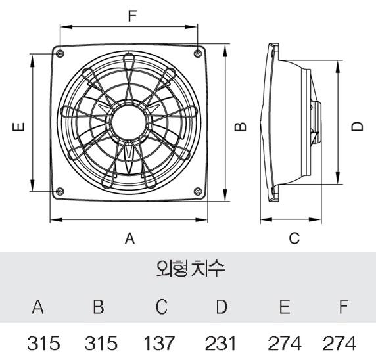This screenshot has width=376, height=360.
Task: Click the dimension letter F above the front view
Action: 132,16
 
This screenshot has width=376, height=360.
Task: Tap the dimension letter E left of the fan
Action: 18,127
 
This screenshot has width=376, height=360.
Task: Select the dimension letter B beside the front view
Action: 241,127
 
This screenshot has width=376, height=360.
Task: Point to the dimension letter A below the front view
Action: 129,238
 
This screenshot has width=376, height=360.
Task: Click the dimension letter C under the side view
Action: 294,238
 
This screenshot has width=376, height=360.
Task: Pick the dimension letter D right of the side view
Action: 358,126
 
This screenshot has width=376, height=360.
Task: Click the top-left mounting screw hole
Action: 60,53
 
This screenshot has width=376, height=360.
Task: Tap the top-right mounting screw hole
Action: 197,53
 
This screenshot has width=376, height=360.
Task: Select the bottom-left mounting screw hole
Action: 60,191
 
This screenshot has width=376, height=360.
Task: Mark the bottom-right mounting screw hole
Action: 198,191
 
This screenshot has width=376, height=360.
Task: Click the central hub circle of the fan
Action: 129,122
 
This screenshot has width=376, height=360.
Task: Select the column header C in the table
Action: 161,306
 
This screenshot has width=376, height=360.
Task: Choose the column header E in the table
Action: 285,306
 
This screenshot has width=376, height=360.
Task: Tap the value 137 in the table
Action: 158,343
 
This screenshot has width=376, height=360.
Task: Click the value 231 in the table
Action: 220,343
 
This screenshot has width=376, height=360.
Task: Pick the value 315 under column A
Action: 43,343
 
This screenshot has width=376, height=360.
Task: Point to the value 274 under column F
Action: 339,343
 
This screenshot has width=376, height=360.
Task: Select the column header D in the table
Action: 222,306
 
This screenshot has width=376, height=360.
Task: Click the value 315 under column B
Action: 101,343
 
